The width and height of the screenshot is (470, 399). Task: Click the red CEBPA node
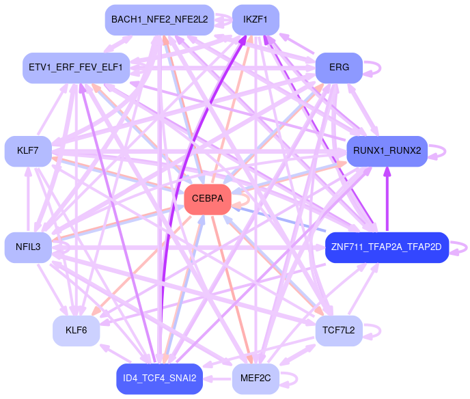[x=207, y=199]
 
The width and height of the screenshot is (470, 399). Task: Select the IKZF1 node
[x=255, y=20]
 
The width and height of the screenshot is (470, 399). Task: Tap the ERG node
[x=338, y=68]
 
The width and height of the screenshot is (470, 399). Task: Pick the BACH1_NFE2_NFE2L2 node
[x=159, y=20]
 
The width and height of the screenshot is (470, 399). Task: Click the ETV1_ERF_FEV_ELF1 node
[x=76, y=68]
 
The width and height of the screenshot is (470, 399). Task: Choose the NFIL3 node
[x=27, y=246]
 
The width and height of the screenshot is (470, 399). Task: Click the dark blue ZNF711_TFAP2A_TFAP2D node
[x=387, y=247]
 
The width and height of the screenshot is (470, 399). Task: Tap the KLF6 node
[x=76, y=331]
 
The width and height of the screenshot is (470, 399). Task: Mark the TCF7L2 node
[x=338, y=331]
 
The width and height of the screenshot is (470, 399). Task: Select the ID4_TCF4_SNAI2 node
[x=159, y=379]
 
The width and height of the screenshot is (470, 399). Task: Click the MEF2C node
[x=255, y=379]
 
